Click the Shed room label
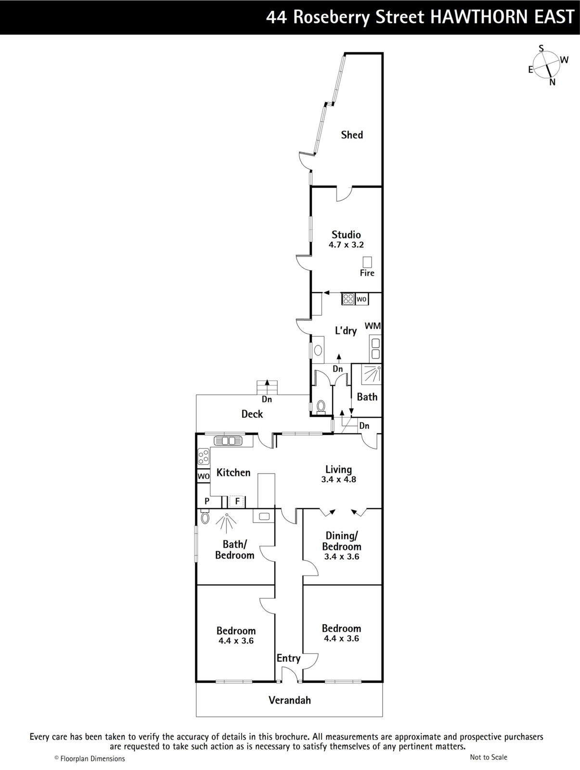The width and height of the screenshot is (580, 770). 352,135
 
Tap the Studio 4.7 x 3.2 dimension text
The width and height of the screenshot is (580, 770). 346,244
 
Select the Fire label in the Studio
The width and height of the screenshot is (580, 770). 367,273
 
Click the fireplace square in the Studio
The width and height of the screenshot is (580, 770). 367,262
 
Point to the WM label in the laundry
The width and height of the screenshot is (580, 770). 373,326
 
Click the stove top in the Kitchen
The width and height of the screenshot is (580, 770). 204,457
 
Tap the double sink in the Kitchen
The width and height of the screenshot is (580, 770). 228,441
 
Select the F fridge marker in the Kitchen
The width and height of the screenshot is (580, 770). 237,501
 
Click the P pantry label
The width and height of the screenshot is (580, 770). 207,501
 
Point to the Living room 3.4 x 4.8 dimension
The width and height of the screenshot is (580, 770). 338,479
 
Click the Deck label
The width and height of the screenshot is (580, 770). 252,414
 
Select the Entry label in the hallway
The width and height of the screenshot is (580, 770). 288,658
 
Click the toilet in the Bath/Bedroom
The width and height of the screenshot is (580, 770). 205,517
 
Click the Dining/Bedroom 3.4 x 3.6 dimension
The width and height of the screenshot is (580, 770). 341,556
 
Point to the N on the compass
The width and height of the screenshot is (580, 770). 552,82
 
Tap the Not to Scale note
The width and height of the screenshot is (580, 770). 489,757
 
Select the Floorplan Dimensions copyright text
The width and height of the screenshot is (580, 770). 90,758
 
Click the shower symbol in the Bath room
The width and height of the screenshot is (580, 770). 372,373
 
